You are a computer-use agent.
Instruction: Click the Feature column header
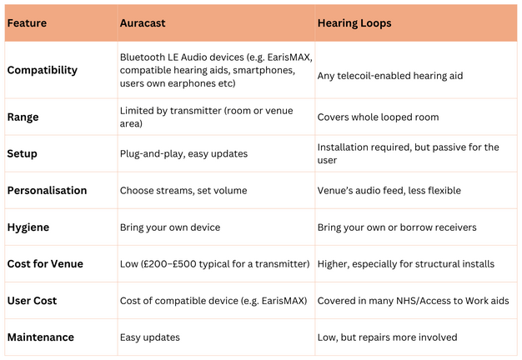click(27, 23)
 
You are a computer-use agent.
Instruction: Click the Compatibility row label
click(43, 70)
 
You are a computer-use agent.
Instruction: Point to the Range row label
click(24, 117)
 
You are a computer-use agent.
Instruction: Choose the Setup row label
click(23, 154)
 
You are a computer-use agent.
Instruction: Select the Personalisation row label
click(47, 191)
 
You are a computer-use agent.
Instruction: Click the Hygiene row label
click(28, 227)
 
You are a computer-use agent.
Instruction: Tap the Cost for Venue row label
click(44, 264)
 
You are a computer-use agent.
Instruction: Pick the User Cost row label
click(32, 301)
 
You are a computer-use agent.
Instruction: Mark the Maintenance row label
click(41, 337)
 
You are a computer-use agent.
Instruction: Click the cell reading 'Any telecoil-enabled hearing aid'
click(390, 76)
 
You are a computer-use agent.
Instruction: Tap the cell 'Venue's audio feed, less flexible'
click(389, 191)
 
